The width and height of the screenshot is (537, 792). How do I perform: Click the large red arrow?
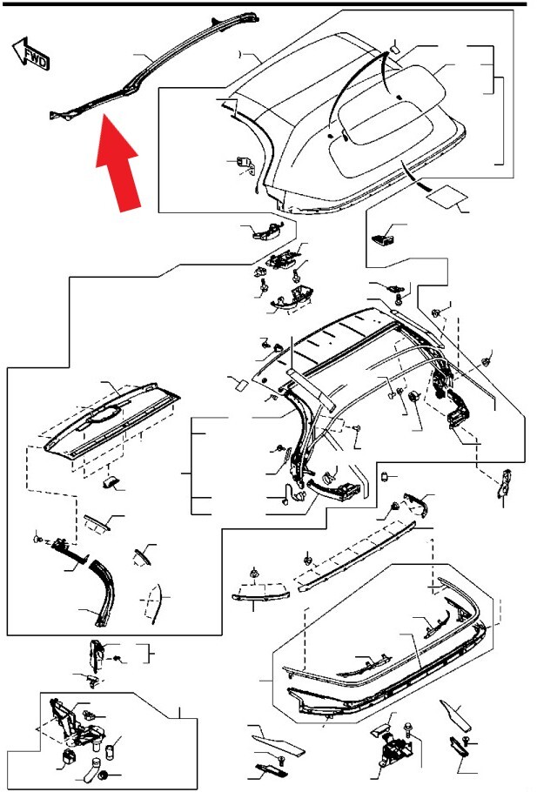click(x=118, y=163)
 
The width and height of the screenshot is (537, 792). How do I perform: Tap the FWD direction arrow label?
click(x=31, y=53)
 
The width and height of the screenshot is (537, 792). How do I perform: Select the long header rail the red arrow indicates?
click(x=154, y=67)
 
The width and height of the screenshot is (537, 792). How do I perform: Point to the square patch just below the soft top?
click(x=446, y=196)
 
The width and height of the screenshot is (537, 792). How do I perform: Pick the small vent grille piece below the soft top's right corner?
click(x=381, y=238)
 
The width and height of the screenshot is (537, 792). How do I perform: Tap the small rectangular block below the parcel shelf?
click(x=111, y=482)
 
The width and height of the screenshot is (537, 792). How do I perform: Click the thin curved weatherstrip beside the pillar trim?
click(x=156, y=604)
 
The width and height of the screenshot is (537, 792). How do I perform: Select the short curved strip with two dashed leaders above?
click(x=261, y=595)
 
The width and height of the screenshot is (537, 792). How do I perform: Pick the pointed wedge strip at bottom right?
click(x=455, y=715)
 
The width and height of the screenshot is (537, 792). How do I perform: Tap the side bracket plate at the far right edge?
click(x=504, y=483)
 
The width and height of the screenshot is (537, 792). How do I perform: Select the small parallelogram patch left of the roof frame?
click(x=241, y=385)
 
